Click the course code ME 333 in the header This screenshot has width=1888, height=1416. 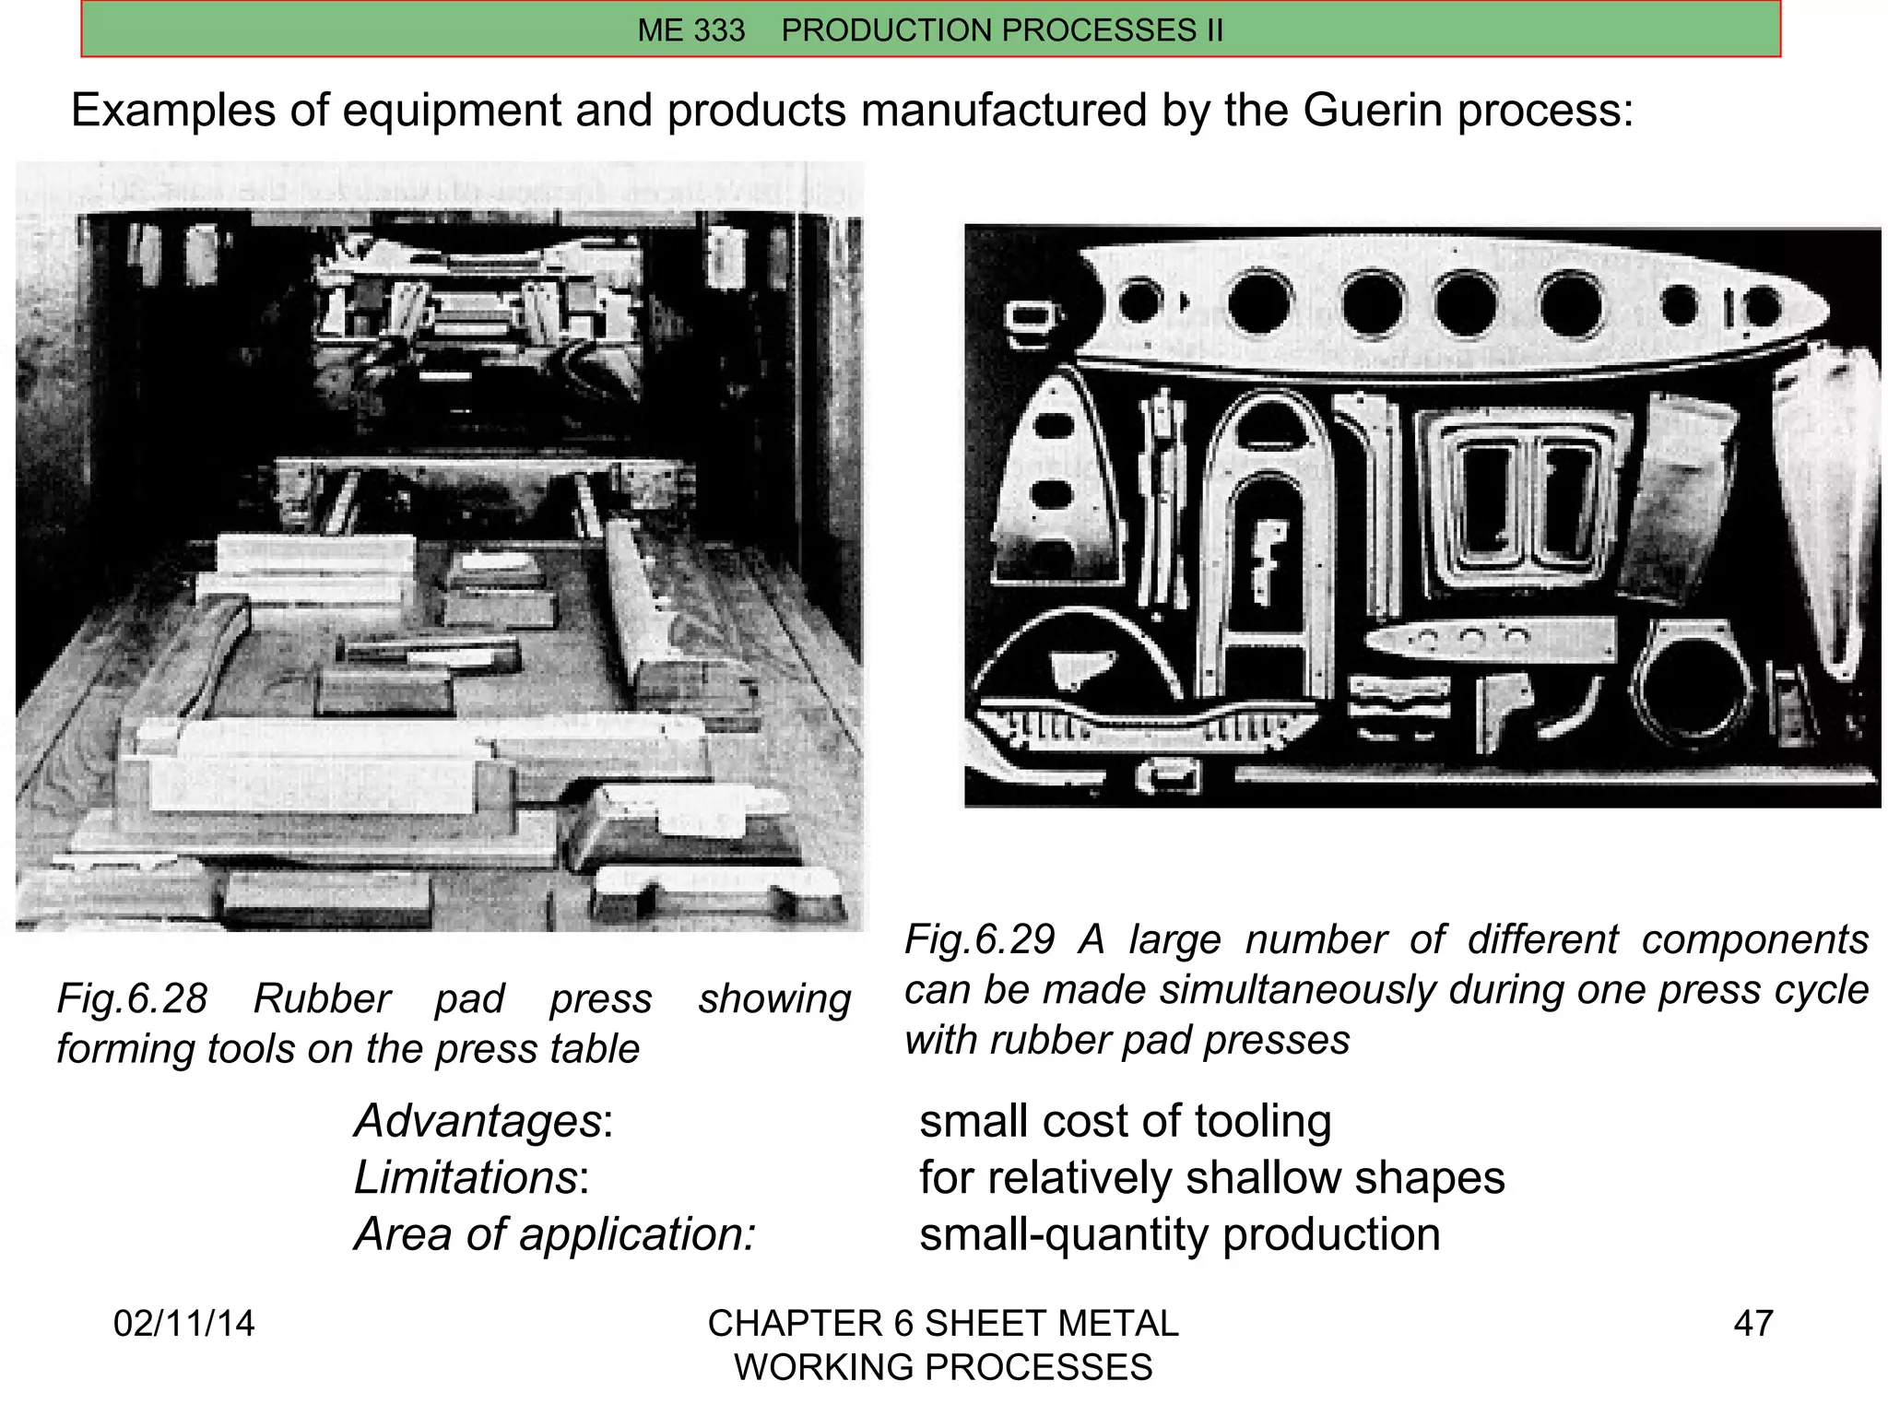click(x=690, y=30)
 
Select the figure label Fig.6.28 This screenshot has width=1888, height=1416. click(x=133, y=998)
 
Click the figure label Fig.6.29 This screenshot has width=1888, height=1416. click(x=979, y=939)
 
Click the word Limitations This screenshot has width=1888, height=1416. click(x=466, y=1177)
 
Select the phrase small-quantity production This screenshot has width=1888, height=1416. click(x=1179, y=1234)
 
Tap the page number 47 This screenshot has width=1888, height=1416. click(x=1752, y=1323)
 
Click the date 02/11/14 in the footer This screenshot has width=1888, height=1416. click(x=183, y=1323)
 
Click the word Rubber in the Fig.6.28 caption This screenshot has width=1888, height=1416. click(x=322, y=998)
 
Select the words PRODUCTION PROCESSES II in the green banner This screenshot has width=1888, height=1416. click(x=1002, y=30)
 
